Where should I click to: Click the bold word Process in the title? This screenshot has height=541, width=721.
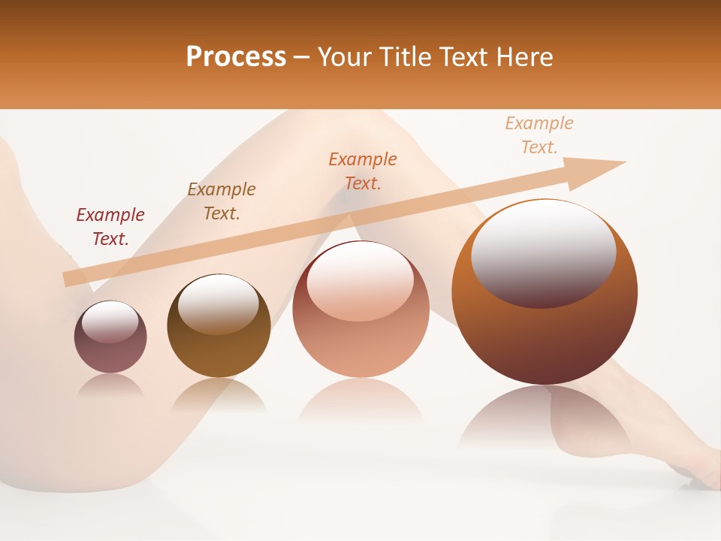pyautogui.click(x=236, y=57)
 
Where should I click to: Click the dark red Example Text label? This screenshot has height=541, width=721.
pyautogui.click(x=110, y=227)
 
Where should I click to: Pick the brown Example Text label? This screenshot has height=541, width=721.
pyautogui.click(x=222, y=201)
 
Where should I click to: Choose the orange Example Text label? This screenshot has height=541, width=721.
pyautogui.click(x=363, y=171)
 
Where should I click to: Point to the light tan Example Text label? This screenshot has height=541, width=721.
pyautogui.click(x=539, y=135)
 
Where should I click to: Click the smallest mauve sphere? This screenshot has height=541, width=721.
pyautogui.click(x=110, y=353)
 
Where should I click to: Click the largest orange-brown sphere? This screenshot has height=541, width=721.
pyautogui.click(x=545, y=338)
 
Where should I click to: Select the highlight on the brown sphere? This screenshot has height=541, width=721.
pyautogui.click(x=219, y=304)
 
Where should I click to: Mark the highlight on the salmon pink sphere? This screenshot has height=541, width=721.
pyautogui.click(x=360, y=282)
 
